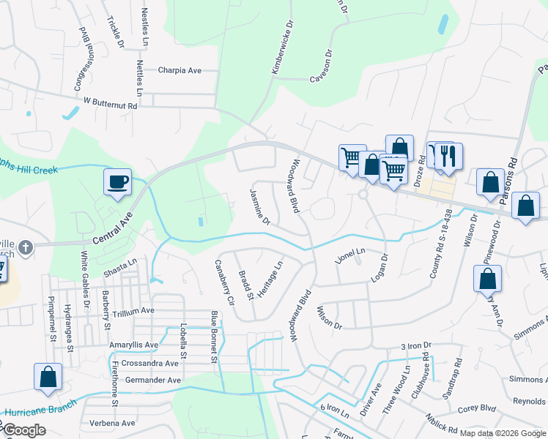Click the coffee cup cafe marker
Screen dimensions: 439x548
tap(118, 182)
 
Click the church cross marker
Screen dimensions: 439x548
tap(26, 247)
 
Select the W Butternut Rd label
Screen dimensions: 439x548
tap(111, 105)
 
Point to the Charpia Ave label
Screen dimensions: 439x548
tap(179, 71)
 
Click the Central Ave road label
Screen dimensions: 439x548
tap(111, 228)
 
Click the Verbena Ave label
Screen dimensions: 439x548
tap(112, 423)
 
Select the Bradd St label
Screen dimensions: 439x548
tap(245, 285)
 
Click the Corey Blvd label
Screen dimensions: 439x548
tap(477, 410)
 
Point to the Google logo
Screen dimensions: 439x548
tap(24, 430)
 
